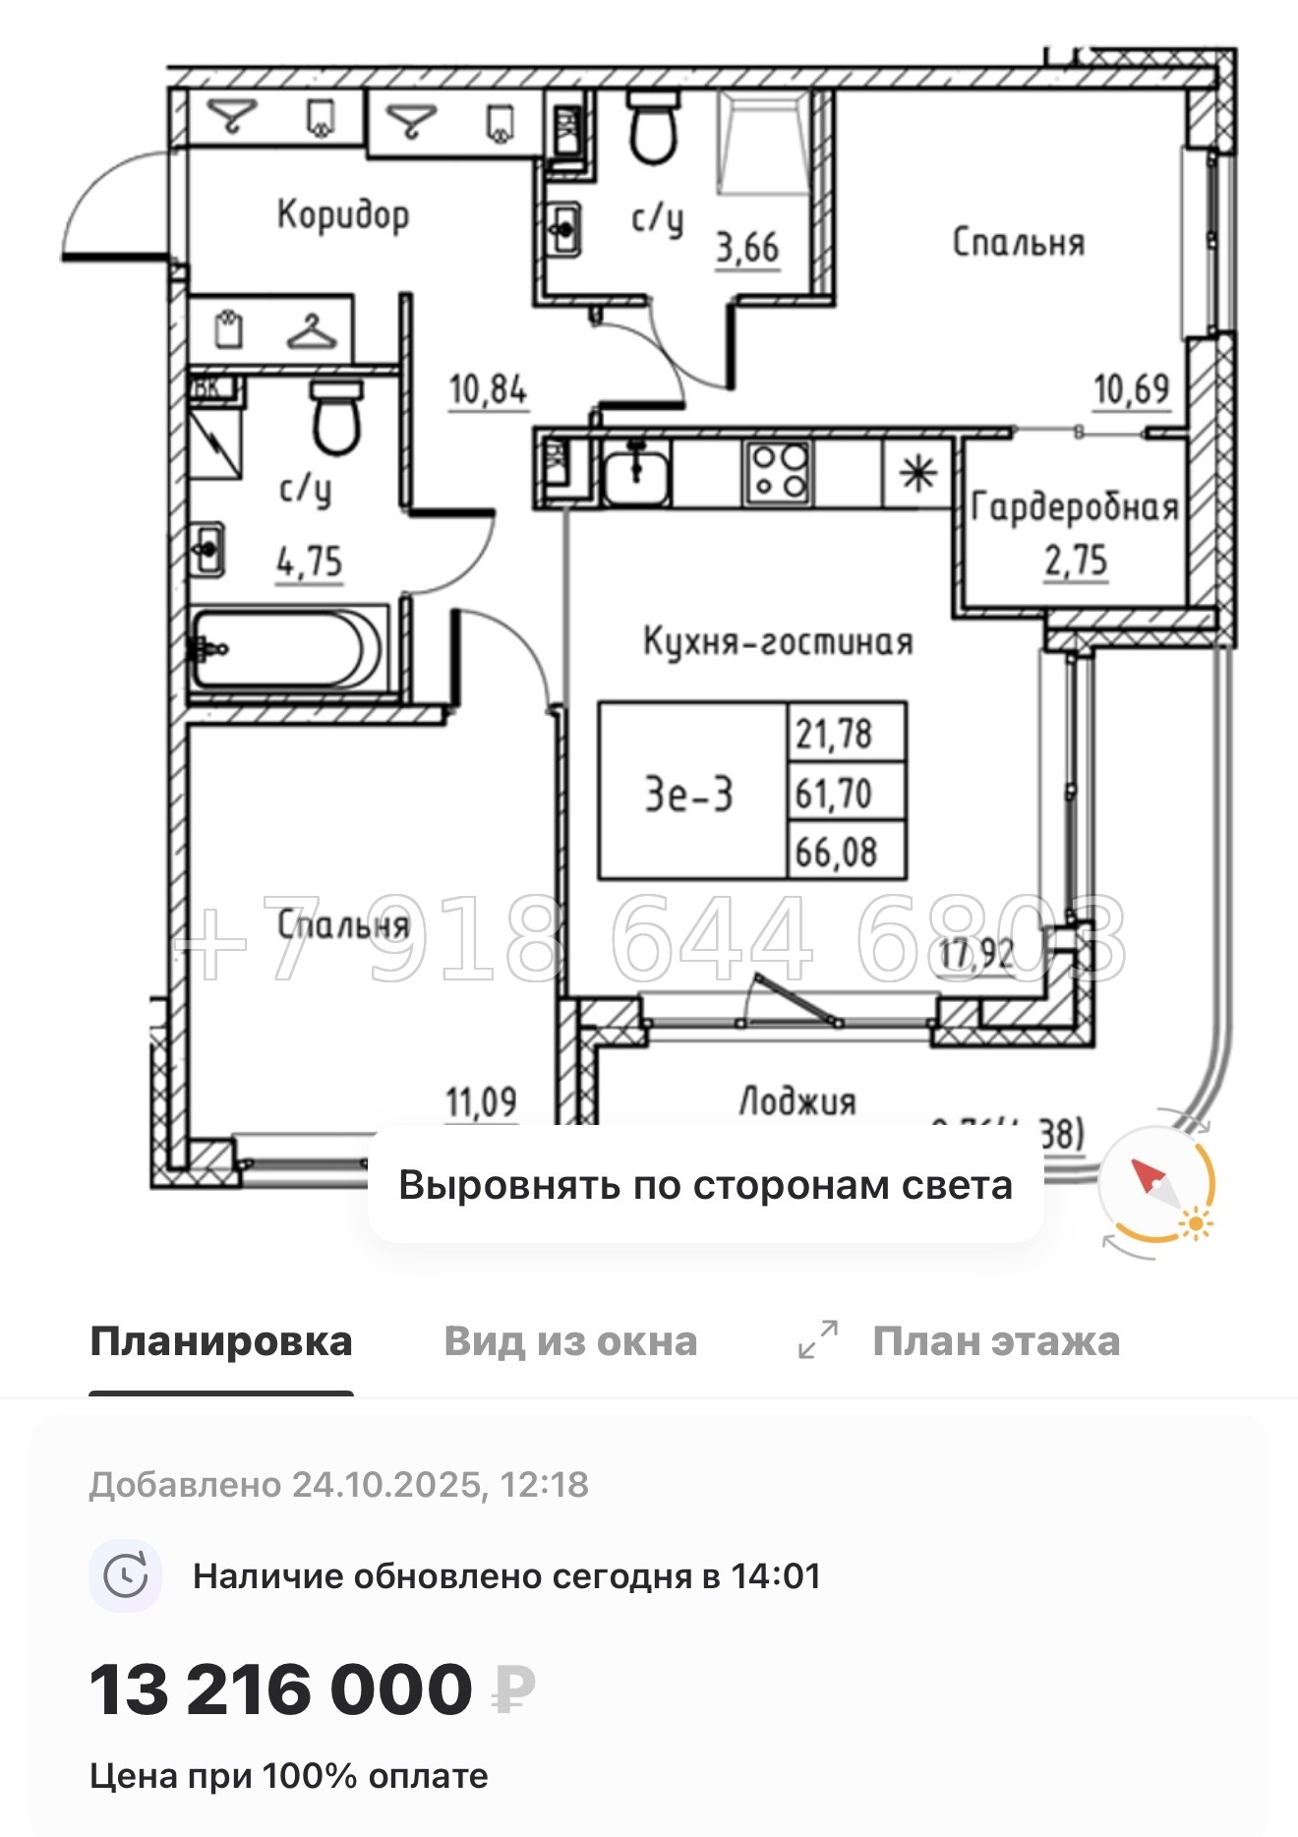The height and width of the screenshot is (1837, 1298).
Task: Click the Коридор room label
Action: coord(342,214)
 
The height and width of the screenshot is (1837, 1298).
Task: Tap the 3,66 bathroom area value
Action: coord(747,248)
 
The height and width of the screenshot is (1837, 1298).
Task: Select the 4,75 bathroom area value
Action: coord(310,563)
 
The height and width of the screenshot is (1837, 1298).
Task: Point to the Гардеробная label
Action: coord(1075,507)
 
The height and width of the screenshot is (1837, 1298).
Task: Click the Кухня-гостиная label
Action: coord(778,642)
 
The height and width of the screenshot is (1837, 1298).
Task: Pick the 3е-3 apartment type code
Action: coord(689,793)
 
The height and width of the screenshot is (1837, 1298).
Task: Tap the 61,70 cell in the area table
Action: coord(834,793)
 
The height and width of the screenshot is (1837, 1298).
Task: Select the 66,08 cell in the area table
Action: coord(836,852)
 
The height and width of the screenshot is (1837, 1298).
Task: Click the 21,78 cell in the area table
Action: coord(834,734)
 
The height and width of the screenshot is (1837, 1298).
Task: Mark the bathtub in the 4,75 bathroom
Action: coord(285,648)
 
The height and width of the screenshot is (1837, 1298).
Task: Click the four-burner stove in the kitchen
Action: coord(778,472)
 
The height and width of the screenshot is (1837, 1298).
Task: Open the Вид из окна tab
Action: coord(570,1341)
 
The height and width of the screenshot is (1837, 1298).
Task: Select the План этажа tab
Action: coord(995,1341)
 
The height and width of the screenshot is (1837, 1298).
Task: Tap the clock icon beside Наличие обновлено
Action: coord(126,1576)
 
